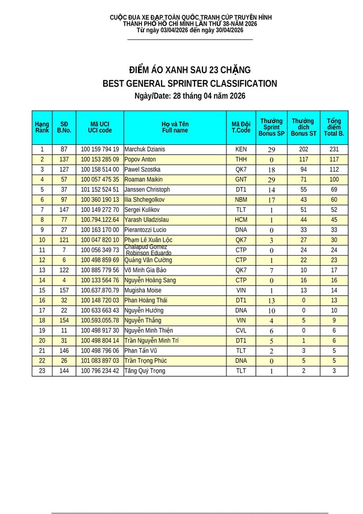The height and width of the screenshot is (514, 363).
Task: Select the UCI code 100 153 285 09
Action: coord(100,160)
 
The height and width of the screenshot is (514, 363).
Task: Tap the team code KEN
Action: coord(241,149)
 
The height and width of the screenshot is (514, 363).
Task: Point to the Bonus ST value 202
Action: coord(303,149)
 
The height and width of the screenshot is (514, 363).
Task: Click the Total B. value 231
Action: coord(334,149)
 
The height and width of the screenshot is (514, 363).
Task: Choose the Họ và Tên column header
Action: coord(175,127)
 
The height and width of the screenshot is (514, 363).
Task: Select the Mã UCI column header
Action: coord(100,127)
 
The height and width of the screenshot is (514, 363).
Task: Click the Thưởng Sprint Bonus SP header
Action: coord(271,127)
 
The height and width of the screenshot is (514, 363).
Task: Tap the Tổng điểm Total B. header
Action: coord(334,127)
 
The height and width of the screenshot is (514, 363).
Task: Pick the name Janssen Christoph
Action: coord(147,190)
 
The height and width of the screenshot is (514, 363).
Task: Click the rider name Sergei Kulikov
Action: coord(142,210)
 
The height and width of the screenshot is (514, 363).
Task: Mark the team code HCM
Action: coord(241,220)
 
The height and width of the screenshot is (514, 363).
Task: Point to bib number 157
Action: coord(64,290)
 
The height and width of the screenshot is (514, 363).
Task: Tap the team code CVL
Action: coord(241,331)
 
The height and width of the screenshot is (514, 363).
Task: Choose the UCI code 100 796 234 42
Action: coord(100,371)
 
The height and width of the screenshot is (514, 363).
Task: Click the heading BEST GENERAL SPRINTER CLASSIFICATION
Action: coord(189,84)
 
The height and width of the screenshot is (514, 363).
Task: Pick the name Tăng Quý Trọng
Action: coord(145,371)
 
